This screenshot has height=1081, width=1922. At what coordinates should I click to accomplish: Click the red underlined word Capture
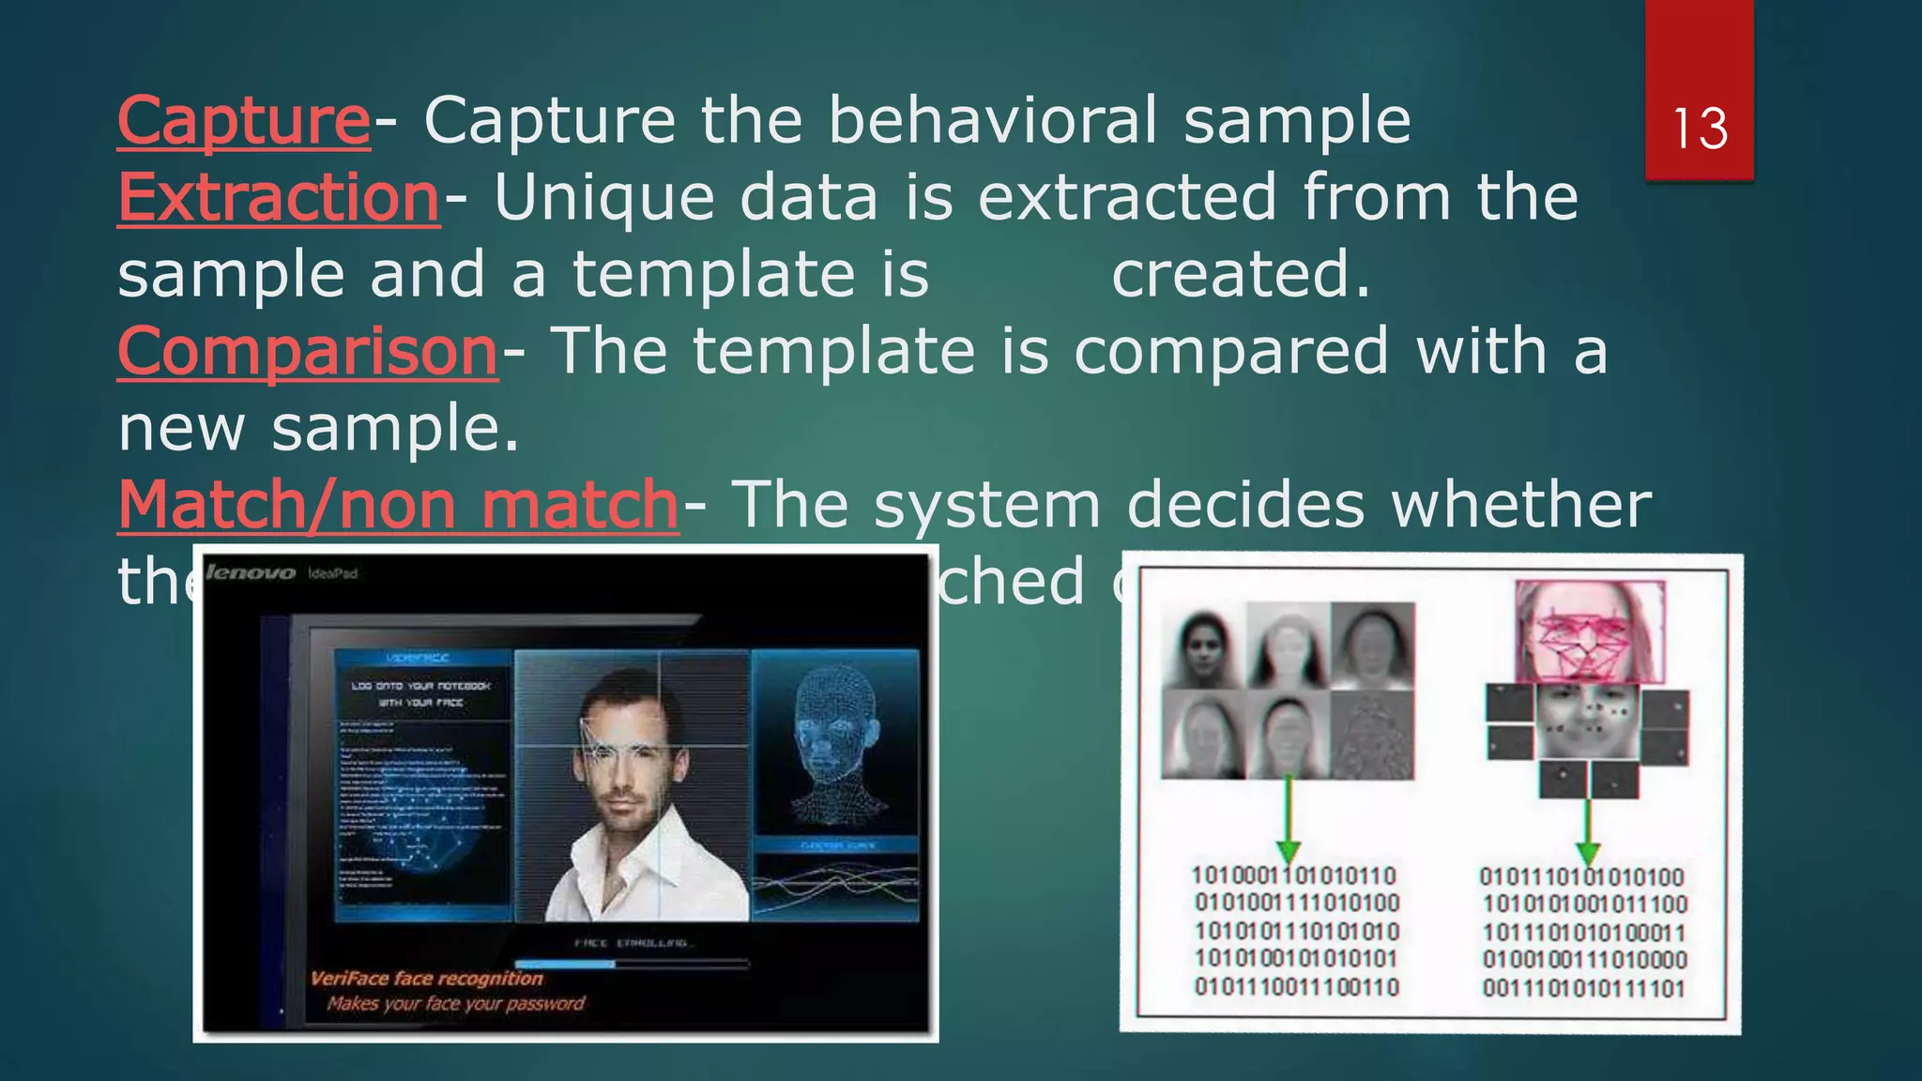tap(244, 122)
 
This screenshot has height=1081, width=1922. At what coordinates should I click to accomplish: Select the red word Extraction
tap(279, 199)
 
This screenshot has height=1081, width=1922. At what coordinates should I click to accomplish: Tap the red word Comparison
tap(307, 353)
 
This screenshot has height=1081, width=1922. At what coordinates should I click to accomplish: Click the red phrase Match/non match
tap(398, 506)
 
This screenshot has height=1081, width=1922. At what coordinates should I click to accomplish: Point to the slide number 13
tap(1699, 129)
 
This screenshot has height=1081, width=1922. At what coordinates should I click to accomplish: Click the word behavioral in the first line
tap(993, 122)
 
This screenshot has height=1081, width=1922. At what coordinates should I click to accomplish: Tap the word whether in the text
tap(1520, 506)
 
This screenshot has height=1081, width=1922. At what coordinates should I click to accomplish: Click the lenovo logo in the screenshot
tap(251, 572)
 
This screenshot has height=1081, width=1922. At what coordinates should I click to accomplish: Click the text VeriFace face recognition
tap(427, 978)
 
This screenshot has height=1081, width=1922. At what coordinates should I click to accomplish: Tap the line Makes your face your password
tap(456, 1004)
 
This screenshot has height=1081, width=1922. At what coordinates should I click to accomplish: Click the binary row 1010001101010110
tap(1294, 876)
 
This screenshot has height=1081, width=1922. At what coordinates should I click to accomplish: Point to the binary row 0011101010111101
tap(1584, 988)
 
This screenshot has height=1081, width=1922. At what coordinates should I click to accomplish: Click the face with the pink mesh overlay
tap(1589, 632)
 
